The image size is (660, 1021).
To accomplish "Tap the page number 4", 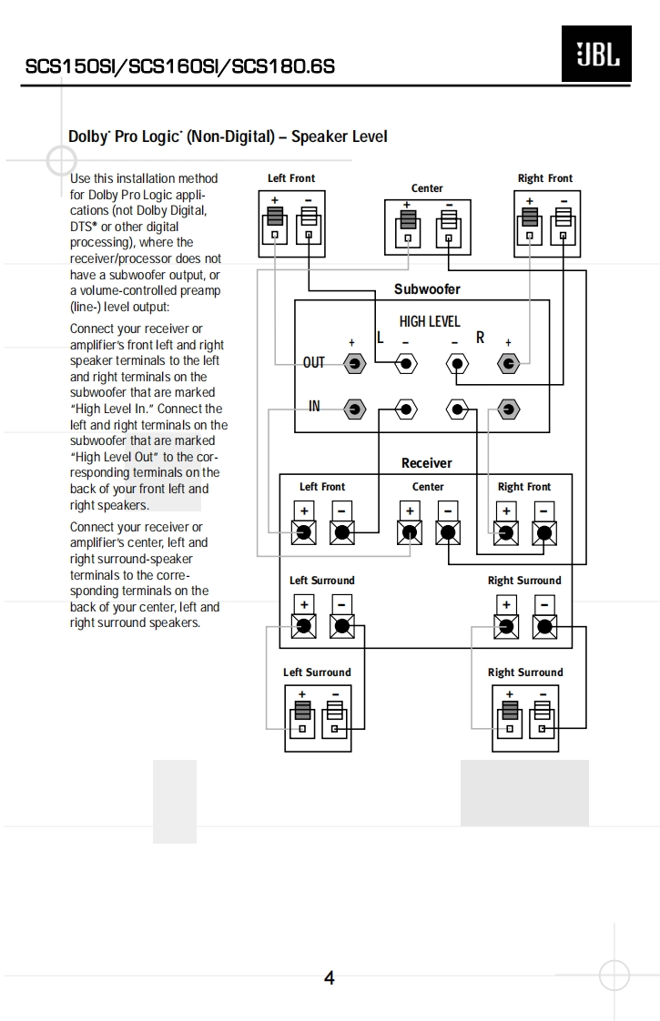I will pyautogui.click(x=329, y=978).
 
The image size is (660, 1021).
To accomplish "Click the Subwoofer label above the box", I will pyautogui.click(x=427, y=289).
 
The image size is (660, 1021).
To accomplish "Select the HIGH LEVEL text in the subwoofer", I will pyautogui.click(x=430, y=321).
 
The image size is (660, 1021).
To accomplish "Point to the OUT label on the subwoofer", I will pyautogui.click(x=313, y=363).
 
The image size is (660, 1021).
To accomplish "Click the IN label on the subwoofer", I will pyautogui.click(x=314, y=407).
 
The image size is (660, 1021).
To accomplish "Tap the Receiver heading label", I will pyautogui.click(x=426, y=463).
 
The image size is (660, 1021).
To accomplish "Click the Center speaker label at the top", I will pyautogui.click(x=427, y=188).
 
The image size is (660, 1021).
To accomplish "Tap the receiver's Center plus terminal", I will pyautogui.click(x=410, y=532).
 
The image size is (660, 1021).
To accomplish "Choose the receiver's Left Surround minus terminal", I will pyautogui.click(x=342, y=625).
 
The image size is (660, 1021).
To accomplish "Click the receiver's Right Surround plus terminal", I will pyautogui.click(x=506, y=625).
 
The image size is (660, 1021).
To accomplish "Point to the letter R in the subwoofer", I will pyautogui.click(x=480, y=338).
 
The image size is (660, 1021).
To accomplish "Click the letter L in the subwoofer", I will pyautogui.click(x=381, y=338).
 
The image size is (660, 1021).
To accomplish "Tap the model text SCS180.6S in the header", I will pyautogui.click(x=284, y=66).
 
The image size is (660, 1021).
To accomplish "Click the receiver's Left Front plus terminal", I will pyautogui.click(x=303, y=532).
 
